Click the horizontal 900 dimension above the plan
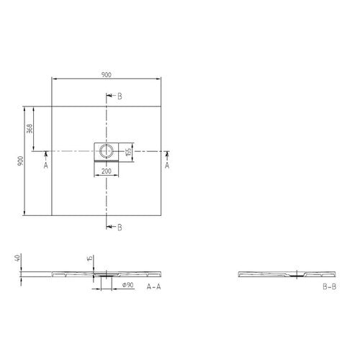click(x=106, y=75)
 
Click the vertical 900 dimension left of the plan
click(x=21, y=161)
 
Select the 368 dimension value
click(x=30, y=129)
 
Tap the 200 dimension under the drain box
click(x=107, y=171)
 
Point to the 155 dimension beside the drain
click(x=129, y=152)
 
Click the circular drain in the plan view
click(x=107, y=151)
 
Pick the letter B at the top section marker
click(x=120, y=96)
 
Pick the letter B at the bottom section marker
click(x=120, y=228)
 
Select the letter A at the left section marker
click(x=46, y=165)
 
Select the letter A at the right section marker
click(x=167, y=165)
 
